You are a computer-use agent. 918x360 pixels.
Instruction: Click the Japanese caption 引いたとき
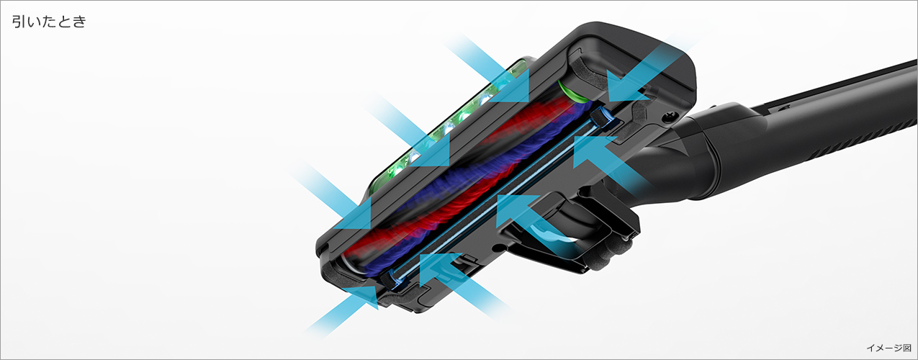[x=49, y=22]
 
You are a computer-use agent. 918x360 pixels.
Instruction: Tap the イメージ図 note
[x=888, y=348]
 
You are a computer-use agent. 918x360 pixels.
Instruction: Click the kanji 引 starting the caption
[x=19, y=22]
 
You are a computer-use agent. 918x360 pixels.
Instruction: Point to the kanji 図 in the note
[x=906, y=348]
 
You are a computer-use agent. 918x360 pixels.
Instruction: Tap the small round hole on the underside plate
[x=498, y=247]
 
